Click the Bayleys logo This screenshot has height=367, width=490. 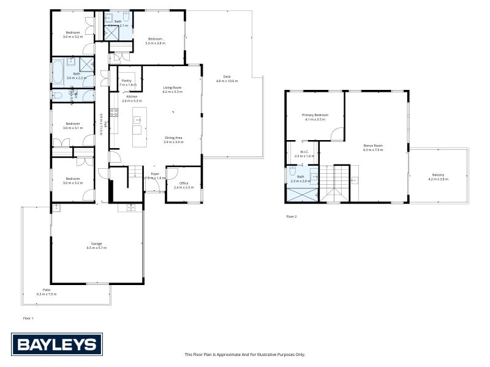click(x=57, y=344)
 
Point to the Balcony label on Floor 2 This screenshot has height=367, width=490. click(x=438, y=177)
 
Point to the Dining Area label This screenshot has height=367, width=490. click(x=173, y=139)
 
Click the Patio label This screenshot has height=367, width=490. click(x=46, y=292)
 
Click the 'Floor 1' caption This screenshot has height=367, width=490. click(x=28, y=318)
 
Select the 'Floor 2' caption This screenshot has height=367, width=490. click(x=292, y=217)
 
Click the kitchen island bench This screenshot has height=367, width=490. click(x=137, y=125)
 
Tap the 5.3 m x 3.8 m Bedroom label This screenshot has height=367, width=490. click(x=155, y=40)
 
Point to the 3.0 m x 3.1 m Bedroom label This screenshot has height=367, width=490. click(x=72, y=125)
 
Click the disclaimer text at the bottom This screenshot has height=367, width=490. click(x=245, y=354)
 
